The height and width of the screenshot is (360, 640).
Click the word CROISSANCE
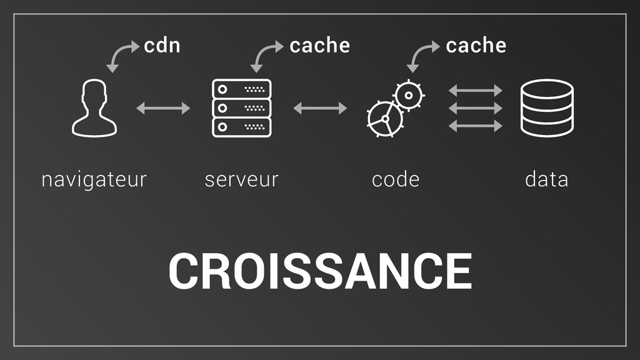(319, 272)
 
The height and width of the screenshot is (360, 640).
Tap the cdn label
(162, 46)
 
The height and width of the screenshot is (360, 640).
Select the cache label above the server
(319, 46)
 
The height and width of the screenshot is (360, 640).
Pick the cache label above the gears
(476, 46)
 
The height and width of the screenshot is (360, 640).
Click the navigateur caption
(94, 180)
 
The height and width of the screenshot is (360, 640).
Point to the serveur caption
(241, 180)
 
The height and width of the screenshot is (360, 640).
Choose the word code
(395, 180)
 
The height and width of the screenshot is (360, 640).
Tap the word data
(546, 180)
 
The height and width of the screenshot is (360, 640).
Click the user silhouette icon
(94, 108)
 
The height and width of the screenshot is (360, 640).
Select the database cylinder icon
(547, 108)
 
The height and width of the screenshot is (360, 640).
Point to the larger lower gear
(384, 119)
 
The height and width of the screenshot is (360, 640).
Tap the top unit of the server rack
(242, 88)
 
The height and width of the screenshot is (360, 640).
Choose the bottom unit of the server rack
(242, 127)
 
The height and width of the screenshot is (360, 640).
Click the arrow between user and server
(163, 109)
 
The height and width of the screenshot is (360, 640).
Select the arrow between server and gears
(320, 109)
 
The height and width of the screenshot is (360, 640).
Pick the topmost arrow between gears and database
(476, 91)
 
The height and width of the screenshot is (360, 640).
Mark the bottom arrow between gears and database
(476, 127)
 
